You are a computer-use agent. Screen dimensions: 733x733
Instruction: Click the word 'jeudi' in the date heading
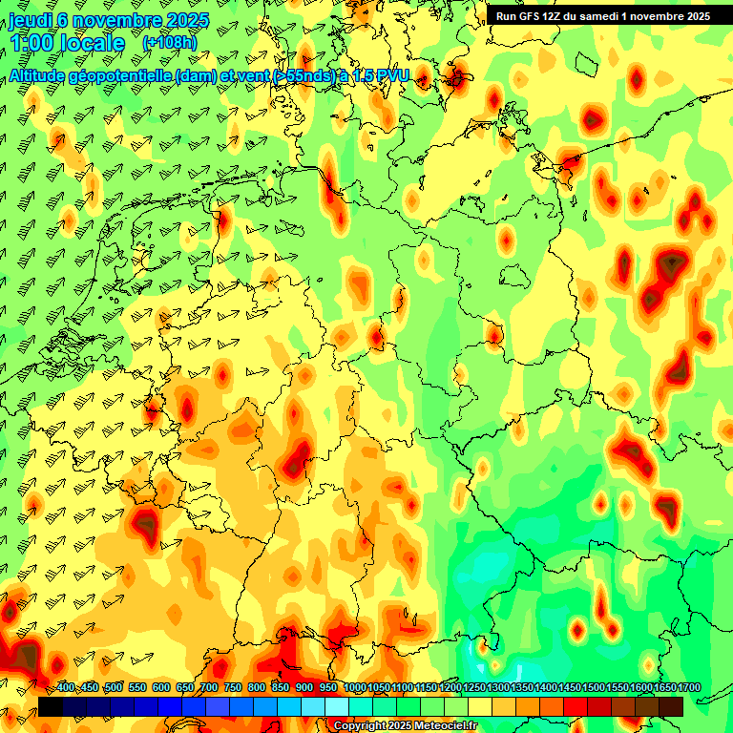coord(31,20)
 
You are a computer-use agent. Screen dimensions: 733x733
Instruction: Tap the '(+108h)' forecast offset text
coord(170,43)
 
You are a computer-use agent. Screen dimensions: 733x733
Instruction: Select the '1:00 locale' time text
coord(67,43)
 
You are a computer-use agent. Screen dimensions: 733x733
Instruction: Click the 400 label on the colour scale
coord(66,688)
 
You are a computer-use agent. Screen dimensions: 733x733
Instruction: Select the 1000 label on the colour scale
coord(355,688)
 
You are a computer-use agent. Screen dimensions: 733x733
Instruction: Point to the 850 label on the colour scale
coord(281,688)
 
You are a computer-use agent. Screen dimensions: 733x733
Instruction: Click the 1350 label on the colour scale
coord(522,688)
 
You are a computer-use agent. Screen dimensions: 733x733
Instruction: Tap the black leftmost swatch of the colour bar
coord(51,706)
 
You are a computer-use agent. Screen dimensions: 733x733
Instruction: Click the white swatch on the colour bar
coord(337,706)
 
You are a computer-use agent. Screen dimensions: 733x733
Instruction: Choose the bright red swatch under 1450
coord(576,706)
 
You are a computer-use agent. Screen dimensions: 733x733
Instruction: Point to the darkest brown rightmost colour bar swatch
coord(671,706)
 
